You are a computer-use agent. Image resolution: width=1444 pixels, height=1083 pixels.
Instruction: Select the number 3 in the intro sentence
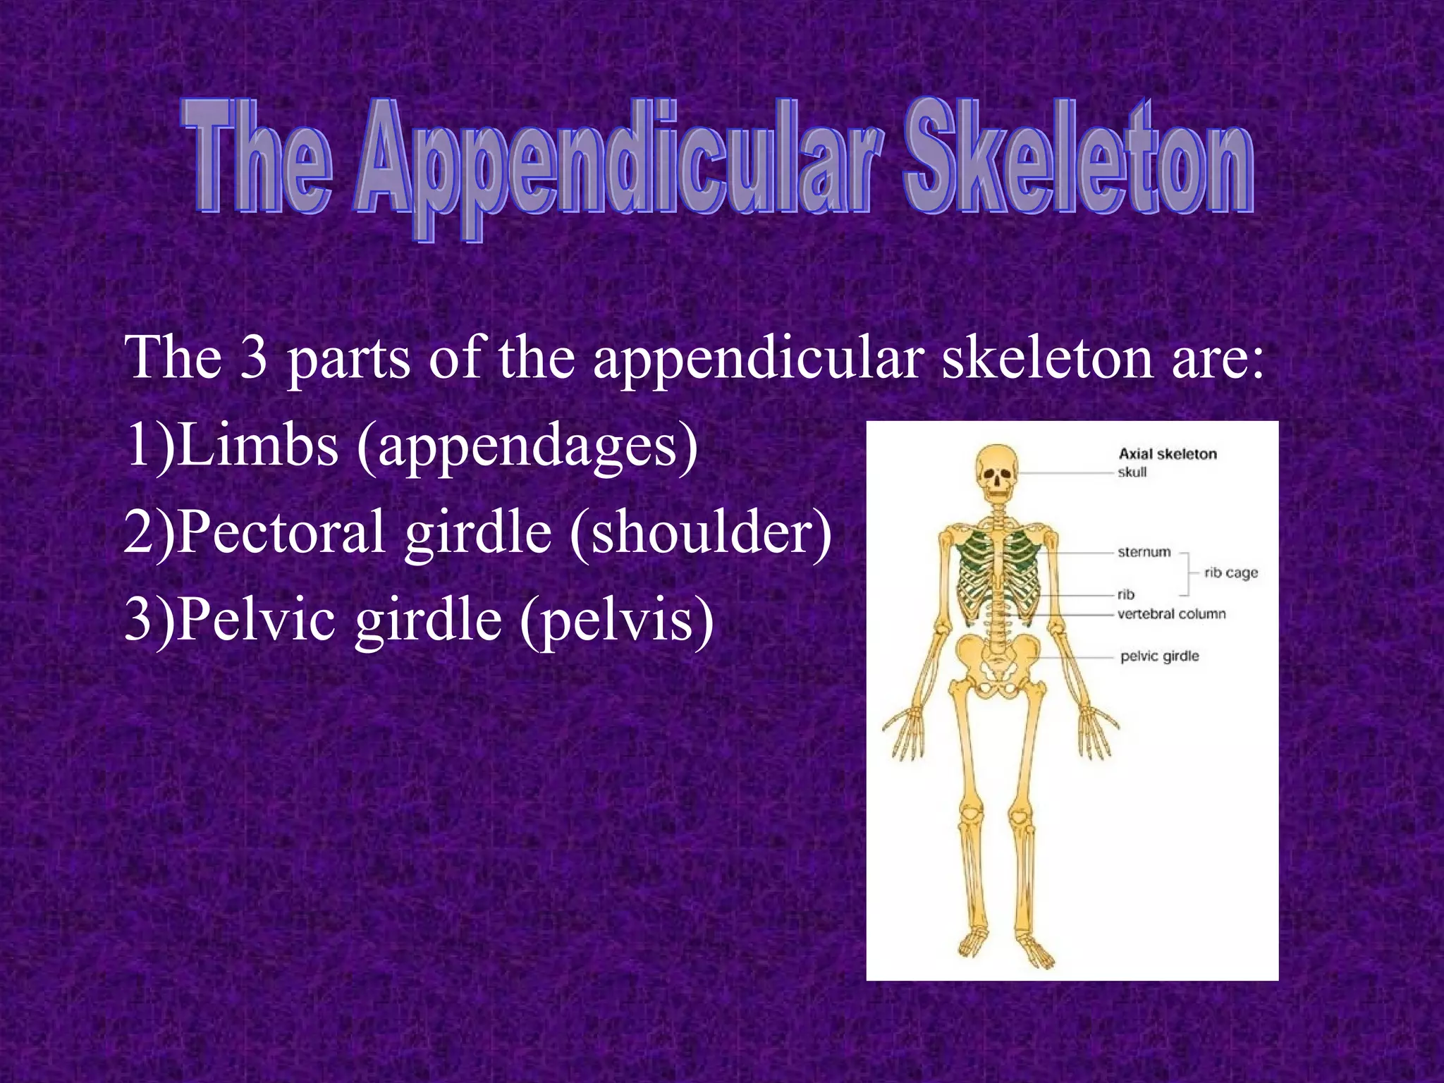pos(253,357)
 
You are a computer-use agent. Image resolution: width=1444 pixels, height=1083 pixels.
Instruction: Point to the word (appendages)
pos(527,447)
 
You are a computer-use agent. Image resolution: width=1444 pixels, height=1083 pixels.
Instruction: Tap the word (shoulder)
pos(702,532)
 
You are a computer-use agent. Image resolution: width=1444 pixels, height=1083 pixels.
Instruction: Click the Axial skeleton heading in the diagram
pos(1168,454)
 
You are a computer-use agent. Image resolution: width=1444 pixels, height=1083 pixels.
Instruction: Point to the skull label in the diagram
pos(1132,472)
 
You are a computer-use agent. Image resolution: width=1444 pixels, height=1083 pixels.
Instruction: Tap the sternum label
pos(1144,552)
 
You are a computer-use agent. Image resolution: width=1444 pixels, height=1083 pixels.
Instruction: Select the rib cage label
pos(1230,573)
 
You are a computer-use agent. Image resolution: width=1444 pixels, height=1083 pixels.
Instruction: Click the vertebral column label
pos(1171,614)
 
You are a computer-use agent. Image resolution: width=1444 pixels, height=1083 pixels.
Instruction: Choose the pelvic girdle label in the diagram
pos(1159,656)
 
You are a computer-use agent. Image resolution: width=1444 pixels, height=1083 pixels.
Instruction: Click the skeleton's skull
pos(997,469)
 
